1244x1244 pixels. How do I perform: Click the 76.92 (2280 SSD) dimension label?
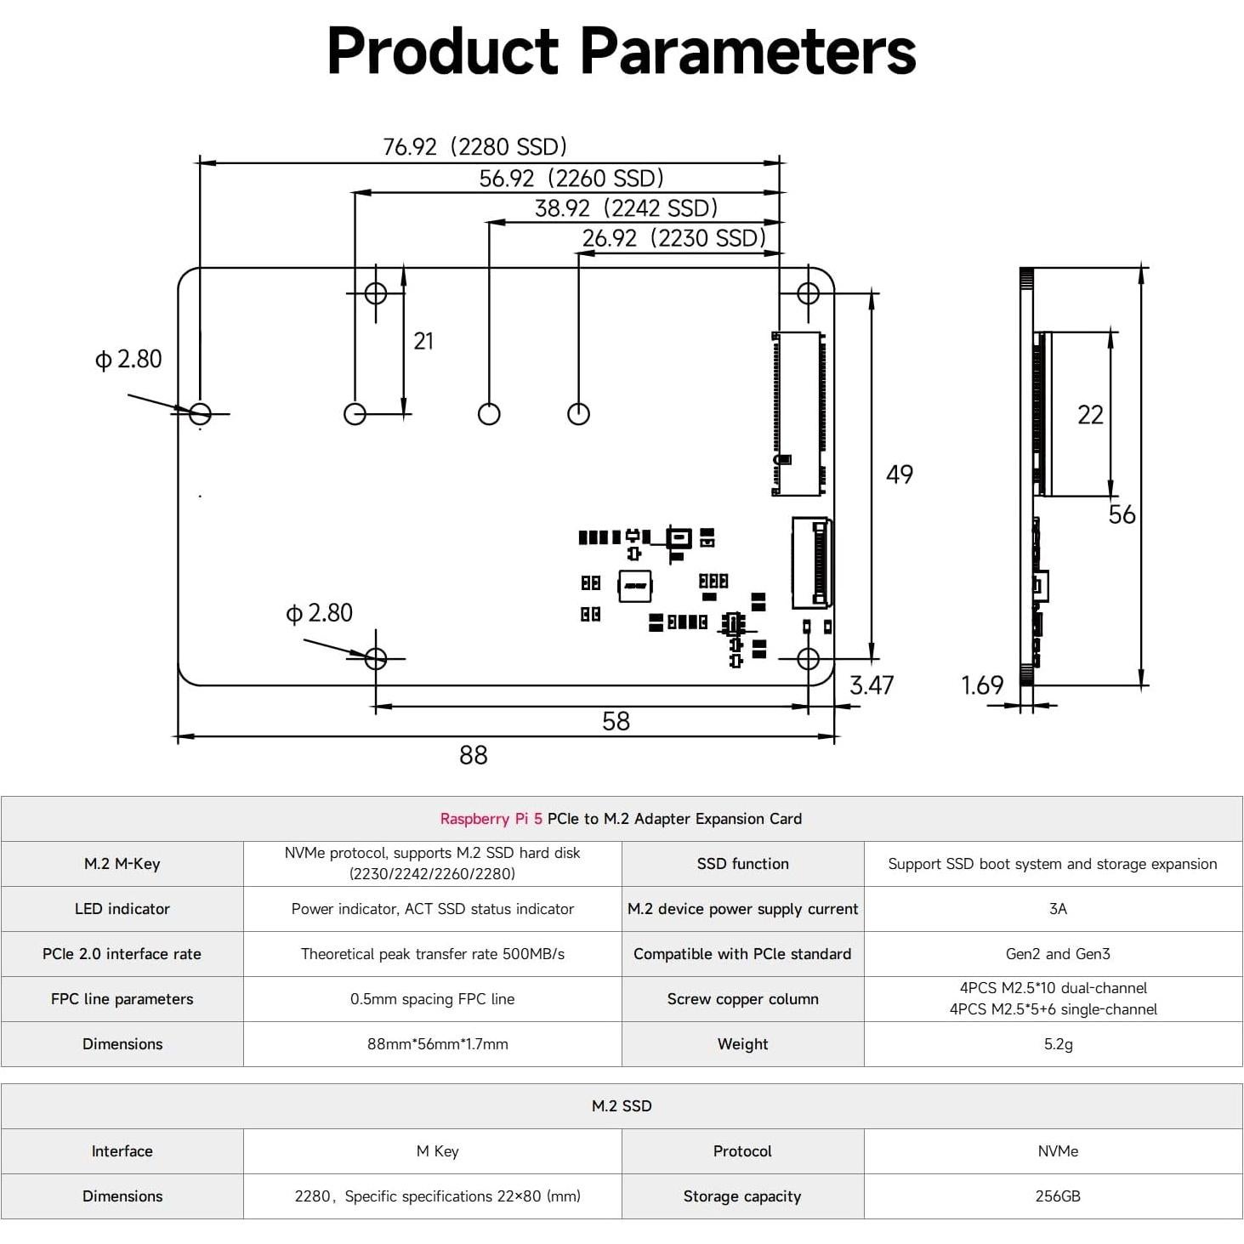click(475, 146)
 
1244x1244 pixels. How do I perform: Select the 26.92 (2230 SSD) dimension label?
click(674, 238)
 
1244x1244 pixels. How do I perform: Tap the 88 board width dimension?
click(474, 755)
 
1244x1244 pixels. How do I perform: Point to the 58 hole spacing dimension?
click(616, 721)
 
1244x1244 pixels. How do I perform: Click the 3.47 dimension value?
click(872, 685)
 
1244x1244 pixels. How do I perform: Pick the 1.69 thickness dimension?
click(982, 685)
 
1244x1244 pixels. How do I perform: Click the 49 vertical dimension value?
click(900, 474)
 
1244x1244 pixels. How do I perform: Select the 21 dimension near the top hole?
click(423, 341)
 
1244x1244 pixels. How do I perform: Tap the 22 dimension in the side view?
click(1090, 414)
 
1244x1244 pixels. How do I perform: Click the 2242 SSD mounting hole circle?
click(489, 414)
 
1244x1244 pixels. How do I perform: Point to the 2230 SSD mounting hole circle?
click(578, 414)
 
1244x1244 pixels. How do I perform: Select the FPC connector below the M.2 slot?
click(811, 563)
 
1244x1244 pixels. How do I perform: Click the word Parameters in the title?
click(748, 51)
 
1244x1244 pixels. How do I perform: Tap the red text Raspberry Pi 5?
click(491, 819)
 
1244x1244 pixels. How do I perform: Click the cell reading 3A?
click(1058, 909)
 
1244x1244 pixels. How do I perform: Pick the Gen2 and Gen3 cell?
click(1058, 954)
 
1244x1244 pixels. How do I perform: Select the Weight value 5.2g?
click(1058, 1044)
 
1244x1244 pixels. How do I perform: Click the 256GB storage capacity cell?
click(1058, 1196)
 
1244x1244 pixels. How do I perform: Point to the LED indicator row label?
click(122, 909)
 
